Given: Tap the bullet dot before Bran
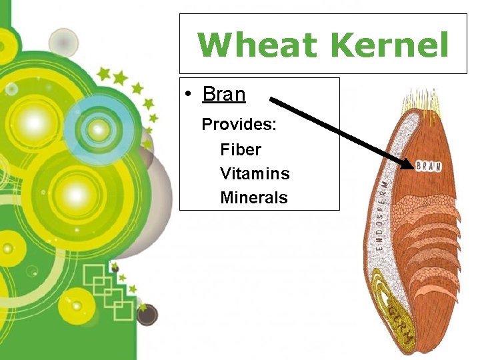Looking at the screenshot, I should coord(191,95).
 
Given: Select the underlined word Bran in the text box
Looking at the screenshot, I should coord(224,95).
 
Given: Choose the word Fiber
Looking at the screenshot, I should coord(241,149).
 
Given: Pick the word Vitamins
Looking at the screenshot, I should coord(255,174).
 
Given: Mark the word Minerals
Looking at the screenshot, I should coord(254,198).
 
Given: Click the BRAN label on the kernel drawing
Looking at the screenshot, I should coord(429,166).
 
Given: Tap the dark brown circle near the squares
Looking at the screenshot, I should coord(147,314).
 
